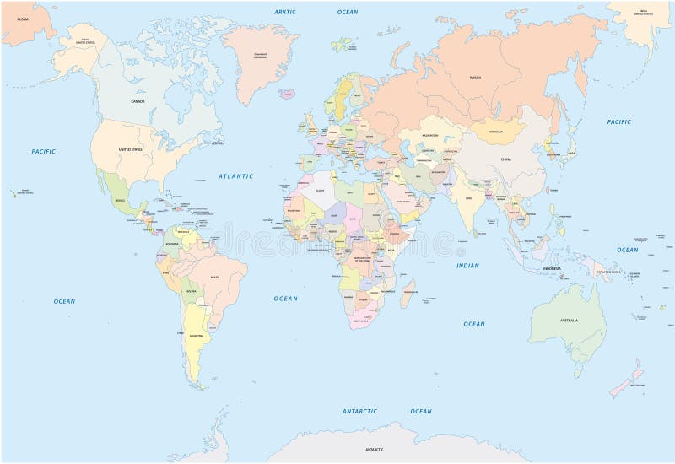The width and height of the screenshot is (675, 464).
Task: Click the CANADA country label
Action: click(x=137, y=101)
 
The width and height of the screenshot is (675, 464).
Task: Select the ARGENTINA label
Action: click(x=197, y=335)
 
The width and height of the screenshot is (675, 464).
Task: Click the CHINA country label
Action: click(x=506, y=159)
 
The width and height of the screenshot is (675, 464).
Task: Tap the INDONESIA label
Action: click(x=552, y=268)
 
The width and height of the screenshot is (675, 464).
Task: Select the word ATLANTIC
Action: click(x=235, y=176)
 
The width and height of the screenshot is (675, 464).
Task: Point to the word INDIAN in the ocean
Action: click(x=467, y=266)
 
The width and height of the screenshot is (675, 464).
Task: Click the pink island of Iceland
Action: click(x=289, y=94)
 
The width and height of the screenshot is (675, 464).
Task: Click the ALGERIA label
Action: click(x=319, y=191)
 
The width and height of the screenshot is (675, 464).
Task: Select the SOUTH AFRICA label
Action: click(x=361, y=321)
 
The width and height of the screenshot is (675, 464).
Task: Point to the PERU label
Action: click(x=165, y=274)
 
